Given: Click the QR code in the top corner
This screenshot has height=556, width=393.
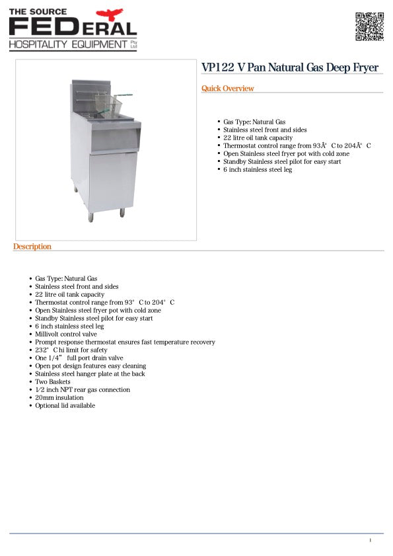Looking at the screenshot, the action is [369, 26].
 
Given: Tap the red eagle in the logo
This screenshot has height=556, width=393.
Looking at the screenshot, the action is [110, 14].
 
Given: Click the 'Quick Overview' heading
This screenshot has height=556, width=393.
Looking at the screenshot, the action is [227, 89].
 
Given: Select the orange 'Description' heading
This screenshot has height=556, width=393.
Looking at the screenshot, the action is [32, 247].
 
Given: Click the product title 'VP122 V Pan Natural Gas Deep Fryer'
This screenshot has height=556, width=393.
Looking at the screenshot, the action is [290, 68].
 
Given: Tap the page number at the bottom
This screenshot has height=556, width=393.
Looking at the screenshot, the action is [371, 540].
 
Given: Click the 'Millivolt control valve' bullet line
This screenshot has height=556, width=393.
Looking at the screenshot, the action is [66, 335].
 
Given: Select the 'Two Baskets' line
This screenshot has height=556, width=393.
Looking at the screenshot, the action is [53, 382].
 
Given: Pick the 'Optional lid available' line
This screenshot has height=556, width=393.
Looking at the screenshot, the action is [65, 406].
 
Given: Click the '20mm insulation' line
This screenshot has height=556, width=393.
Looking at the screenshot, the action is [59, 398].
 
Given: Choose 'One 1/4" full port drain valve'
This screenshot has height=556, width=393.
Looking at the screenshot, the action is [79, 358].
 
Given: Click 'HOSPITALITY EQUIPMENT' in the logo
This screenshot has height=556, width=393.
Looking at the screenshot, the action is [67, 44].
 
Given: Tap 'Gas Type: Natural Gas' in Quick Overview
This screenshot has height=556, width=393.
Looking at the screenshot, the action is [254, 122].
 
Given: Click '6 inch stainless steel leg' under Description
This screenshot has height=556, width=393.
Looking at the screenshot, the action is [69, 327].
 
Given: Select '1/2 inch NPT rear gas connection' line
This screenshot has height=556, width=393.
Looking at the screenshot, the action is [83, 390].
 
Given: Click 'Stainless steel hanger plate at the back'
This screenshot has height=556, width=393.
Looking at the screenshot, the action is [90, 374].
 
